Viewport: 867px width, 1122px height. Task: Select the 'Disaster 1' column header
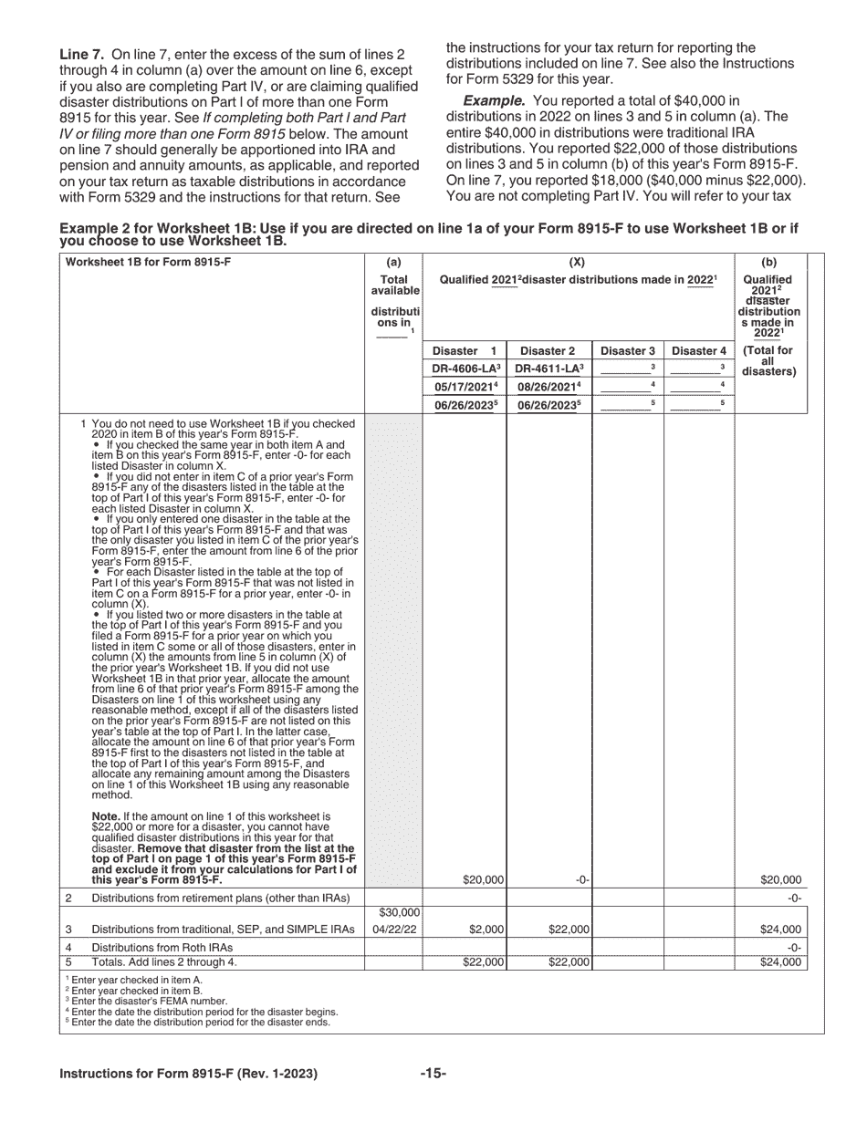coord(465,351)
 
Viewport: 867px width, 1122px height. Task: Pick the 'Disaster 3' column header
coord(627,351)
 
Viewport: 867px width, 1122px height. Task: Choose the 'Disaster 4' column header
coord(699,351)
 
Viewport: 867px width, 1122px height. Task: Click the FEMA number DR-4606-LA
coord(465,369)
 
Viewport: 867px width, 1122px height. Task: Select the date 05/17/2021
coord(465,386)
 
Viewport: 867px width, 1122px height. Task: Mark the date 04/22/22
coord(394,930)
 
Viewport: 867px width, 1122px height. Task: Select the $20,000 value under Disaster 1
coord(483,880)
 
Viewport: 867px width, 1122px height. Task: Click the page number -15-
coord(433,1074)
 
